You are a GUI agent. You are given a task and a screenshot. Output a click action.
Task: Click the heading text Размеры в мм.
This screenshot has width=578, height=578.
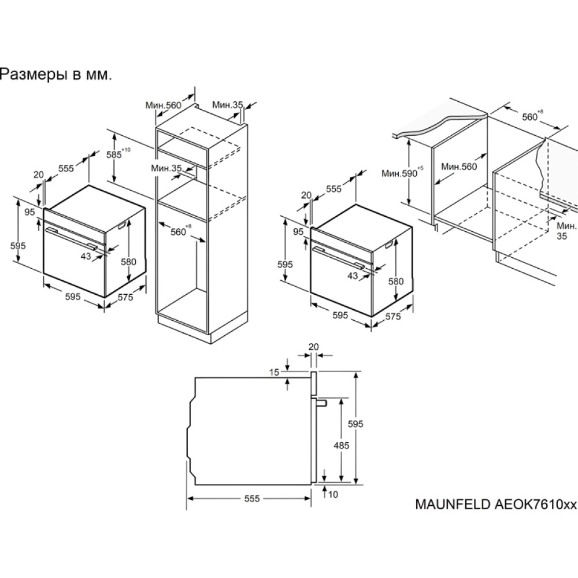[55, 75]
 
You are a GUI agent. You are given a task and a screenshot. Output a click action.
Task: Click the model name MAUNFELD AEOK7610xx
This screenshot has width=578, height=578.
[496, 504]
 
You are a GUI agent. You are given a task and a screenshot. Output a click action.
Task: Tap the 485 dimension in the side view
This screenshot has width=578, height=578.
[342, 445]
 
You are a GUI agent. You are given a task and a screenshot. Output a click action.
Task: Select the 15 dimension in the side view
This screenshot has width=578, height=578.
[274, 372]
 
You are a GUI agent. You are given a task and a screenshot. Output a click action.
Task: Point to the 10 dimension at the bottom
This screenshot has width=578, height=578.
[333, 494]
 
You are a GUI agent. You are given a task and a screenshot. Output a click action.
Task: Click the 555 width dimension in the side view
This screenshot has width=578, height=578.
[252, 498]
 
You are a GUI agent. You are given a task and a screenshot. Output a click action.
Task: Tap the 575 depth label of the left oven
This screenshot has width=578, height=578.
[125, 297]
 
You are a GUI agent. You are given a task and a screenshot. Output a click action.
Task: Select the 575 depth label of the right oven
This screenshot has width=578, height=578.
[392, 316]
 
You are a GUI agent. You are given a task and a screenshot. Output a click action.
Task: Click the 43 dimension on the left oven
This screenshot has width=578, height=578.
[86, 256]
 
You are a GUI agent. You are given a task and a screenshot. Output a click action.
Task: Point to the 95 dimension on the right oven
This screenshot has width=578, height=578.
[298, 232]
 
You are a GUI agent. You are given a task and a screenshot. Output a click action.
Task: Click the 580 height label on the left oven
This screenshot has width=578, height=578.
[129, 262]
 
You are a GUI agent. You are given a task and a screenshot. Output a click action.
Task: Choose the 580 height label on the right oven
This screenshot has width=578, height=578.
[397, 281]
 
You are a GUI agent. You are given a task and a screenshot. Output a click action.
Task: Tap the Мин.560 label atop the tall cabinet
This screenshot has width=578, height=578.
[164, 105]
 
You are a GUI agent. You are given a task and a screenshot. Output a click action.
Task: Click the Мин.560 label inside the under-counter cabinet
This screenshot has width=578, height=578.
[459, 166]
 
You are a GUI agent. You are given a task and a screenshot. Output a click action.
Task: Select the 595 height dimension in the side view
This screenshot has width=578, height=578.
[355, 424]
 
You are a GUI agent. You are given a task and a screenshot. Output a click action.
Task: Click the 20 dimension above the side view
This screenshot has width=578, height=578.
[313, 346]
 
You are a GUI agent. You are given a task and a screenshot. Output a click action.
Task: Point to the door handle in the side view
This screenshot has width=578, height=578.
[321, 402]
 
